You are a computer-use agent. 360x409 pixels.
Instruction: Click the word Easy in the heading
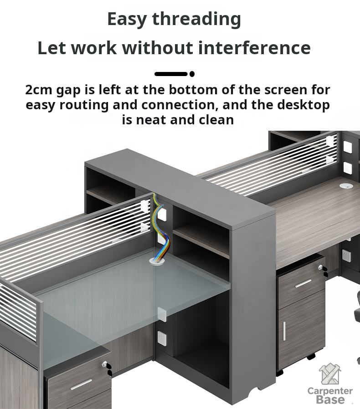(127, 19)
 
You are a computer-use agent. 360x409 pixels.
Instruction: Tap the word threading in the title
(196, 19)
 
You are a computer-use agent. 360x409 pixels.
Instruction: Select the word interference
(254, 48)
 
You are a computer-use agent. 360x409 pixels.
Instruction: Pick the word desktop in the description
(303, 105)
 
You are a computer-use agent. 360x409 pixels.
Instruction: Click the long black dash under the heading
(171, 74)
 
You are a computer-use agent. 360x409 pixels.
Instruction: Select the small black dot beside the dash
(192, 74)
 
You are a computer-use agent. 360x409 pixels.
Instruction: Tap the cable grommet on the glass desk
(157, 261)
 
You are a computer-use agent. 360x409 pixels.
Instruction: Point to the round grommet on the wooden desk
(346, 186)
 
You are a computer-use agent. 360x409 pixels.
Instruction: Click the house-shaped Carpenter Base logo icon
(330, 374)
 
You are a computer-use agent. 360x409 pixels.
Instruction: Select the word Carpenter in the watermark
(330, 391)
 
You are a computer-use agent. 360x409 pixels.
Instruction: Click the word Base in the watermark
(330, 399)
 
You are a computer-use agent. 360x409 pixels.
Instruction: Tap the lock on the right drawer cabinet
(321, 267)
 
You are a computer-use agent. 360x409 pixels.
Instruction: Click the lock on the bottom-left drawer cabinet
(105, 363)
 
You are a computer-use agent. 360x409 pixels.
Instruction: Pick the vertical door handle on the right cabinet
(284, 331)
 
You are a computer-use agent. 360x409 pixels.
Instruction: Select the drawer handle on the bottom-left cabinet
(82, 384)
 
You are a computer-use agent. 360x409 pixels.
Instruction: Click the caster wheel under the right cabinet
(311, 356)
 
